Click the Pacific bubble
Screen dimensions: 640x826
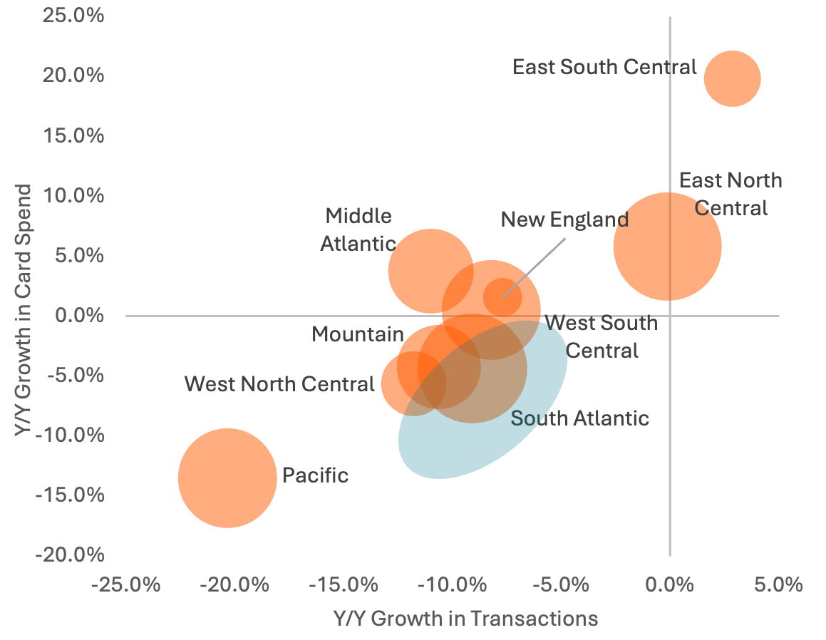coord(227,478)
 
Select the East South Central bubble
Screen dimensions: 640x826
coord(732,78)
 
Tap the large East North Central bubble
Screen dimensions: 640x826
coord(667,246)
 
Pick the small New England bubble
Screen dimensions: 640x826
coord(502,296)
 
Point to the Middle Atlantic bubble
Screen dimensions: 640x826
coord(430,270)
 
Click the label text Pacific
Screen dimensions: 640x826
coord(315,475)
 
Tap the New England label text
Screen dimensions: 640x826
coord(564,220)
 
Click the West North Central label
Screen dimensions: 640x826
coord(279,384)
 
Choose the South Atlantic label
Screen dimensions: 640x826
coord(580,418)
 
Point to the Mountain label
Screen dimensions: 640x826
coord(358,334)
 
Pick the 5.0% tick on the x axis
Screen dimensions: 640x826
coord(779,585)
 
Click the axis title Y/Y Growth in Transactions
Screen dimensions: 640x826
coord(465,618)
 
